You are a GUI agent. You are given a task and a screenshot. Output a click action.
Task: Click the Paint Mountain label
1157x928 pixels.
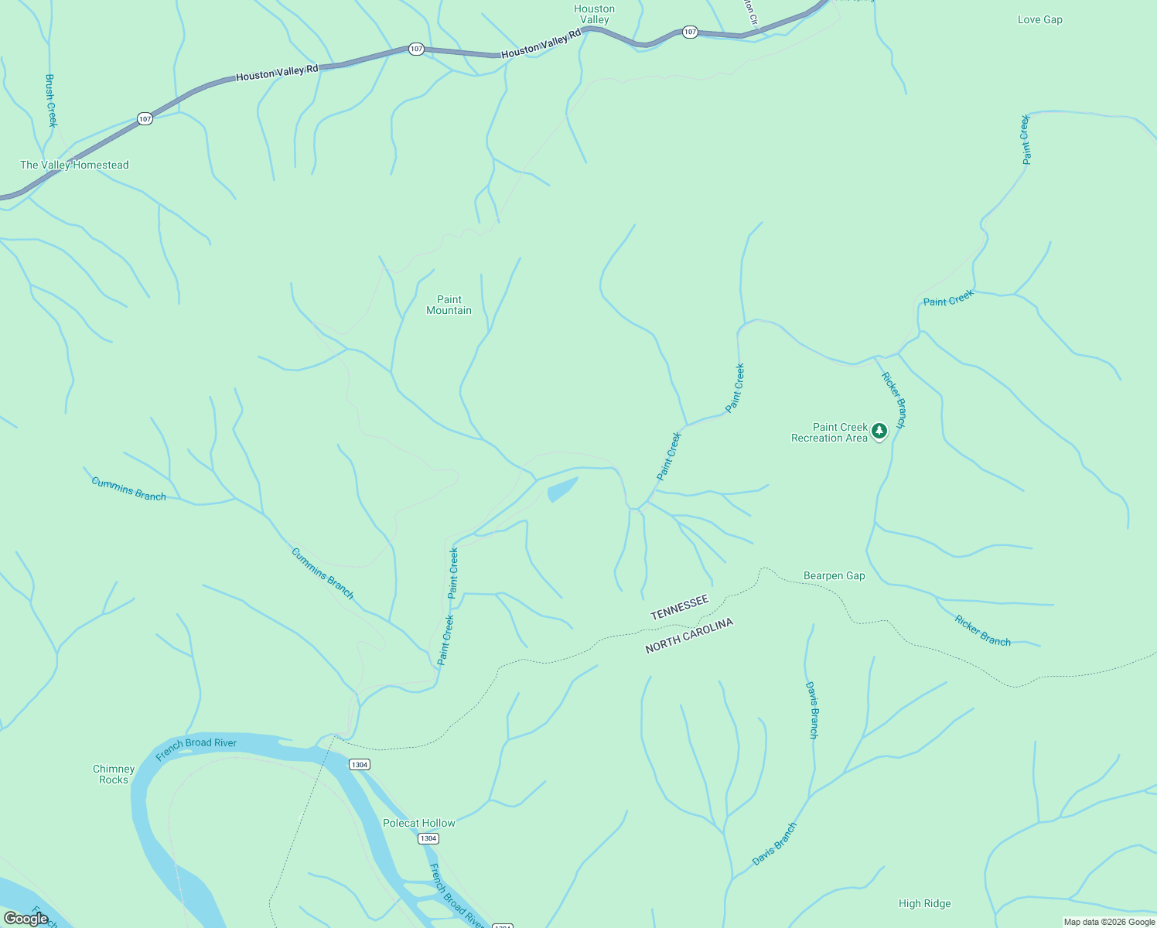tap(449, 305)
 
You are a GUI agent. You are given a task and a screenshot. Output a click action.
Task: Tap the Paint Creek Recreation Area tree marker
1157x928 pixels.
tap(879, 431)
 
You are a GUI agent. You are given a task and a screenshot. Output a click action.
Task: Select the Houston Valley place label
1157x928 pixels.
tap(594, 14)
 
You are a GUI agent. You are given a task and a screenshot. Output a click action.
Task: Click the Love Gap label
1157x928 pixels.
tap(1039, 19)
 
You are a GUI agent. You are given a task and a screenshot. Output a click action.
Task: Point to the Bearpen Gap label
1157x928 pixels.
tap(834, 575)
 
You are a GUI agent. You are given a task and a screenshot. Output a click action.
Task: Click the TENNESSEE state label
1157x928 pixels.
tap(679, 607)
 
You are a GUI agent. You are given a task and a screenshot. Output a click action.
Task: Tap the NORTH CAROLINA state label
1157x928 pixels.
tap(688, 636)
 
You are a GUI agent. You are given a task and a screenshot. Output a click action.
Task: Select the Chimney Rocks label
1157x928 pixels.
tap(114, 774)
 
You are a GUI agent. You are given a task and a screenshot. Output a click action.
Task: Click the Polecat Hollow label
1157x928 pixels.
tap(419, 823)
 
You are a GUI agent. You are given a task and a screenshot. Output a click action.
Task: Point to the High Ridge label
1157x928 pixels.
tap(924, 903)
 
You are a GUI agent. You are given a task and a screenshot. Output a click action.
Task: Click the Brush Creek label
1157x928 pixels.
tap(51, 100)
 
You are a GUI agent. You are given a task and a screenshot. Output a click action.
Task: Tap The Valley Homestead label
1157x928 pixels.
tap(74, 165)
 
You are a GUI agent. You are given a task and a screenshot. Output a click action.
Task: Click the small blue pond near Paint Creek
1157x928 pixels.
tap(562, 489)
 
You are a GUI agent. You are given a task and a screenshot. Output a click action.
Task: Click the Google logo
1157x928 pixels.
tap(26, 919)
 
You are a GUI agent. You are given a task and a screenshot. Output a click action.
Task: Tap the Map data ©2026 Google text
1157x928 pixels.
tap(1108, 922)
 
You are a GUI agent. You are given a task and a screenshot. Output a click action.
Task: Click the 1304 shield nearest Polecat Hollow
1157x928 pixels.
tap(428, 838)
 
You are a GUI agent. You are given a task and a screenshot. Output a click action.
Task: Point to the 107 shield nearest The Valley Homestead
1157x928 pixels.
tap(145, 118)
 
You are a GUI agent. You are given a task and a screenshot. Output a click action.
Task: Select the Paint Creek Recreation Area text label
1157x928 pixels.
tap(829, 432)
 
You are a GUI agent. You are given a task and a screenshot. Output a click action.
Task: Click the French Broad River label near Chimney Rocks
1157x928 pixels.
tap(196, 748)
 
